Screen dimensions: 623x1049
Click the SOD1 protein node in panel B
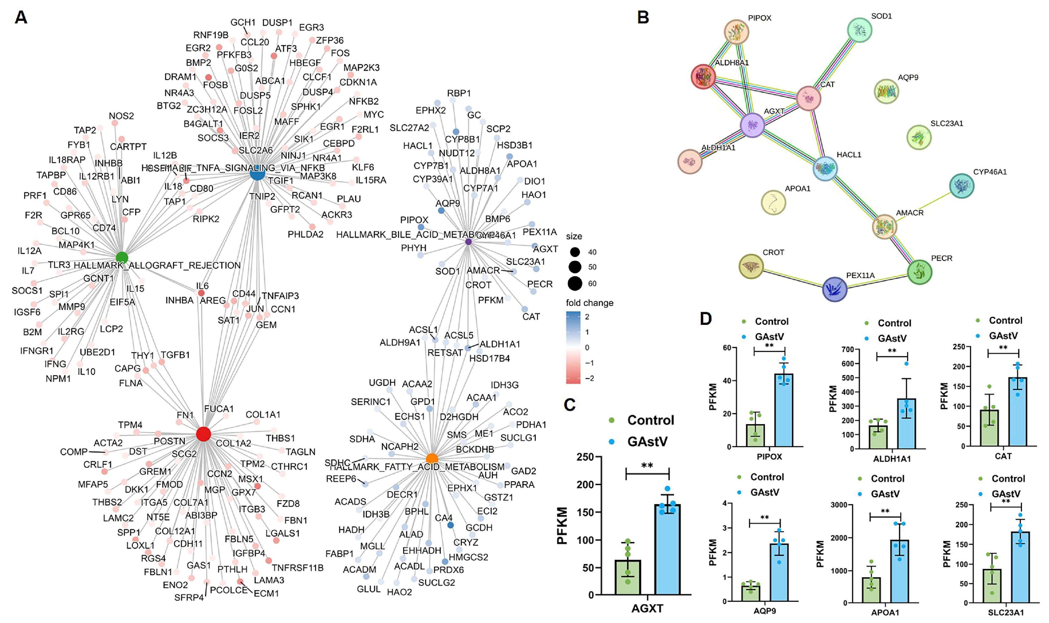coord(859,30)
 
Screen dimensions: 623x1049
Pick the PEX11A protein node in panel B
coord(834,289)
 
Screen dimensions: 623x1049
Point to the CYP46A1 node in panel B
coord(962,186)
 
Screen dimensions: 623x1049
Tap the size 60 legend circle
coord(574,283)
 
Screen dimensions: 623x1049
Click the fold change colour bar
coord(573,347)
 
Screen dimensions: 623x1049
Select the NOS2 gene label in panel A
coord(121,116)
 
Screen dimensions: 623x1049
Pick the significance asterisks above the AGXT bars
coord(647,465)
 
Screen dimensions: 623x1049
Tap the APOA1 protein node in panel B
coord(773,202)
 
